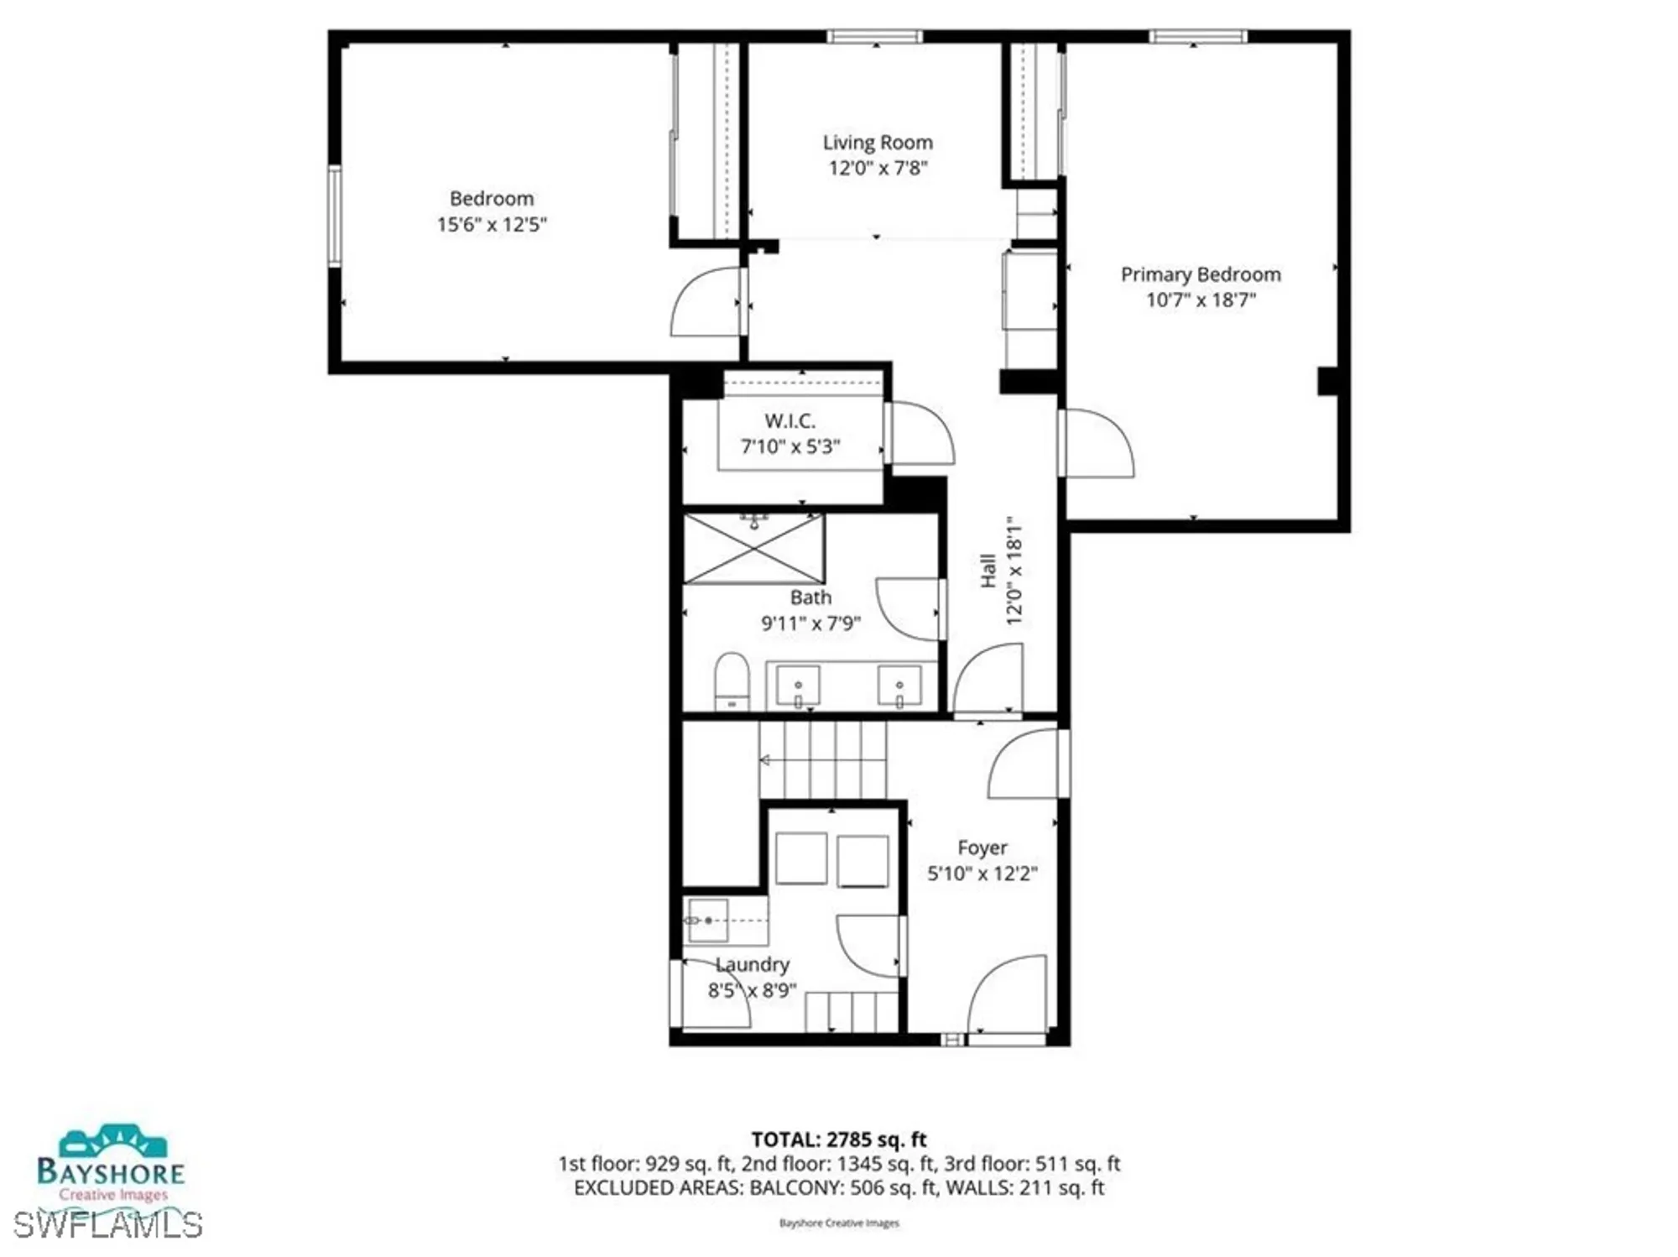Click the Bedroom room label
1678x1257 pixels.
click(492, 199)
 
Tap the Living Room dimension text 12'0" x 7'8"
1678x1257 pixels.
click(878, 169)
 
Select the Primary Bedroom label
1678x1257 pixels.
click(1201, 274)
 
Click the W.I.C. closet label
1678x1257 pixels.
click(789, 421)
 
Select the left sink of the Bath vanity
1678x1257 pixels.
click(798, 686)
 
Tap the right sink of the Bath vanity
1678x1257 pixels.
click(899, 686)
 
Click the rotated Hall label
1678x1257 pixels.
click(988, 571)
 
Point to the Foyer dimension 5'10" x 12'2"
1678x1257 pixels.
click(982, 874)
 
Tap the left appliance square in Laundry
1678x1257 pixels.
click(801, 858)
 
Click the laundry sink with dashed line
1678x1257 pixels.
click(706, 921)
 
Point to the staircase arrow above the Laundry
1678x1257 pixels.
click(765, 760)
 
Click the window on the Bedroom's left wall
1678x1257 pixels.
click(335, 216)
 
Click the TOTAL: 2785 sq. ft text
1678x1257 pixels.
click(838, 1140)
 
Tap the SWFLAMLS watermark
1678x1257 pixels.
click(107, 1225)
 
